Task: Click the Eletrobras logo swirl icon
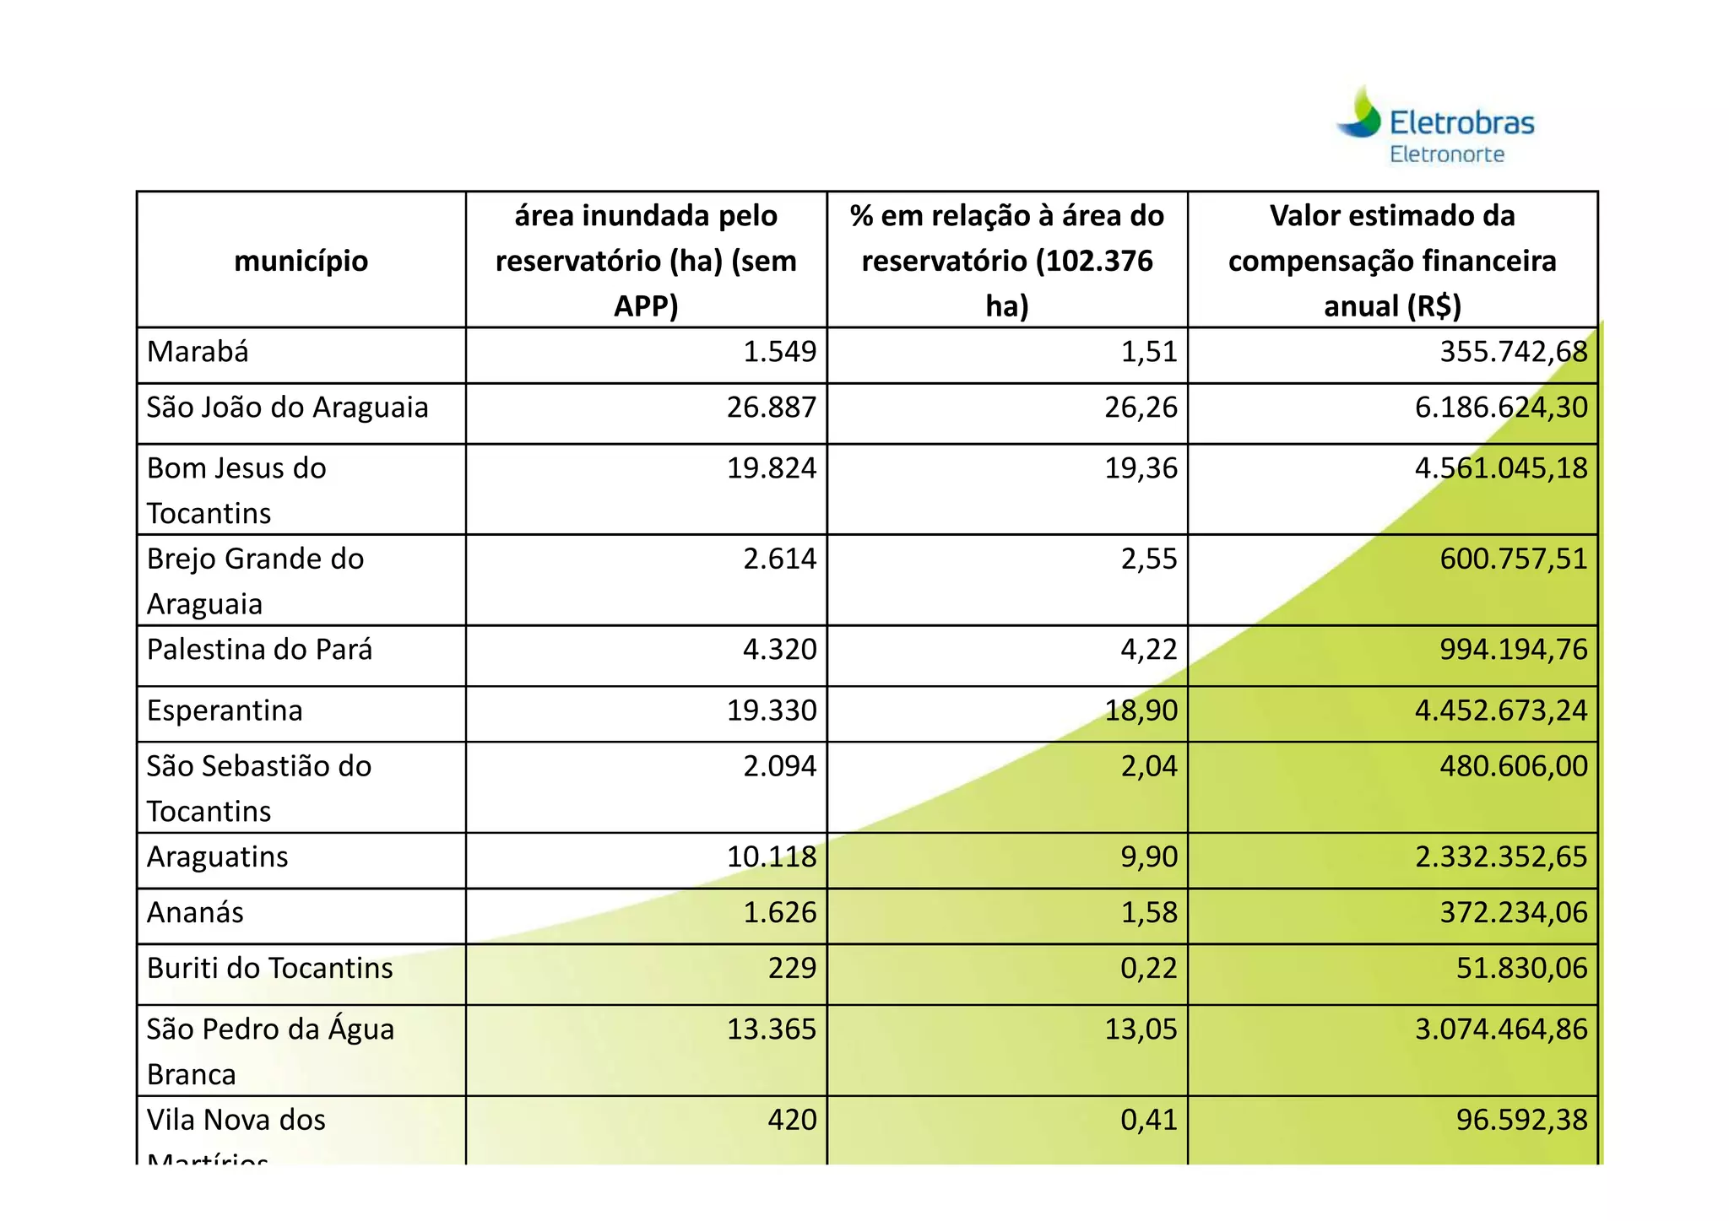[1358, 114]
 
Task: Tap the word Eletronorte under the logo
[1447, 154]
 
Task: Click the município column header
[301, 261]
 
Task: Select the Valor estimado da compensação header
[1392, 261]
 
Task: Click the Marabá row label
[198, 352]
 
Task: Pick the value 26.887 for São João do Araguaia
[772, 408]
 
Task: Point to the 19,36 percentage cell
[1141, 468]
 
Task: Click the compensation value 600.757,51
[1513, 559]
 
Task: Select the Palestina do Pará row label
[259, 650]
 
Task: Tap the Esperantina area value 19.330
[772, 710]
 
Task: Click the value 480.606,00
[1513, 766]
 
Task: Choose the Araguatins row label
[217, 857]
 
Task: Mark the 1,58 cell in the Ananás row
[1148, 913]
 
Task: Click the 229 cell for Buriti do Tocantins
[792, 969]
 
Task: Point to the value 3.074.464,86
[1501, 1029]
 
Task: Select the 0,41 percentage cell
[1148, 1121]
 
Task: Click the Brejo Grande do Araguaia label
[255, 581]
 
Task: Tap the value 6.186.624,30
[1501, 408]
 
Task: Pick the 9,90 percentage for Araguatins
[1148, 857]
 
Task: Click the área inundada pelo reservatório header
[646, 261]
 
